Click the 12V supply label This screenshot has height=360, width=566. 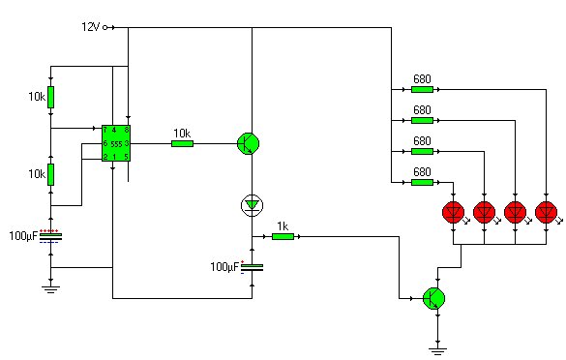pyautogui.click(x=90, y=26)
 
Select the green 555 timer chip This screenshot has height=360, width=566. pyautogui.click(x=116, y=142)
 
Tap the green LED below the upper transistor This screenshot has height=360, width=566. pyautogui.click(x=252, y=204)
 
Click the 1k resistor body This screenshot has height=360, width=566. pyautogui.click(x=283, y=235)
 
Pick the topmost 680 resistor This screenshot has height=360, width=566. pyautogui.click(x=422, y=90)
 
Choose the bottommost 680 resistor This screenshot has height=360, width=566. pyautogui.click(x=422, y=181)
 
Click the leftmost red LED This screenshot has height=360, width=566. pyautogui.click(x=452, y=212)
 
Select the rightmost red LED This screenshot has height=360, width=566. pyautogui.click(x=547, y=212)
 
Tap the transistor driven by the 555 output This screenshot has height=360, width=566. pyautogui.click(x=249, y=143)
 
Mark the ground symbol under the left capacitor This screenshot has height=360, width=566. pyautogui.click(x=51, y=286)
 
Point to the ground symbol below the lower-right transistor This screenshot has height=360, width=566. pyautogui.click(x=441, y=343)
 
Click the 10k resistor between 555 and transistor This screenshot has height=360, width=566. pyautogui.click(x=182, y=143)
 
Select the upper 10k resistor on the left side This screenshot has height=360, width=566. pyautogui.click(x=51, y=97)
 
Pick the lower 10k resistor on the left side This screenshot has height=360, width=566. pyautogui.click(x=51, y=174)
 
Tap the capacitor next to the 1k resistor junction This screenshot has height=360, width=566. pyautogui.click(x=252, y=267)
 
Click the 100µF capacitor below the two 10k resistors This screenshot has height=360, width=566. pyautogui.click(x=51, y=235)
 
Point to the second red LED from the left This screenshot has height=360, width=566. pyautogui.click(x=484, y=212)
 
